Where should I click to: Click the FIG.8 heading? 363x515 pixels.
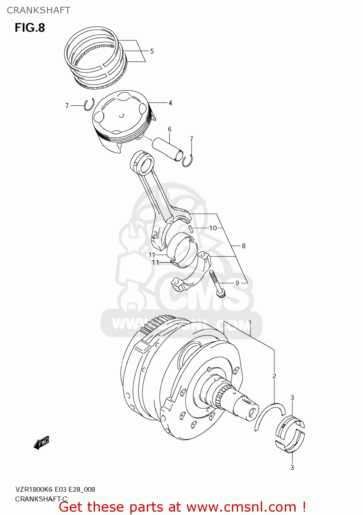click(30, 27)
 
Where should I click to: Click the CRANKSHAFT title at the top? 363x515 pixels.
click(38, 10)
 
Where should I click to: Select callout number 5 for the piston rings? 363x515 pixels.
click(152, 51)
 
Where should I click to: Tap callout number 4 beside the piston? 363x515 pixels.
click(170, 103)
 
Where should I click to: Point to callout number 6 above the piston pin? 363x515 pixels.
click(169, 129)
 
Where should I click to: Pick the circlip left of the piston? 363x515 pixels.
click(89, 104)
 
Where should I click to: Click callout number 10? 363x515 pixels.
click(213, 228)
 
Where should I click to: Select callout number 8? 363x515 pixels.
click(244, 246)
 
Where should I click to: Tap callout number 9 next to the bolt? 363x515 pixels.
click(237, 283)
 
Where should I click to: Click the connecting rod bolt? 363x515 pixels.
click(217, 284)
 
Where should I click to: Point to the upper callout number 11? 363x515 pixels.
click(152, 255)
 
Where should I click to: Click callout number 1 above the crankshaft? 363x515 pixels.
click(250, 323)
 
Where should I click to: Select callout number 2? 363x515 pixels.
click(274, 376)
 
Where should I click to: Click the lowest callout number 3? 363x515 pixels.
click(292, 467)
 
